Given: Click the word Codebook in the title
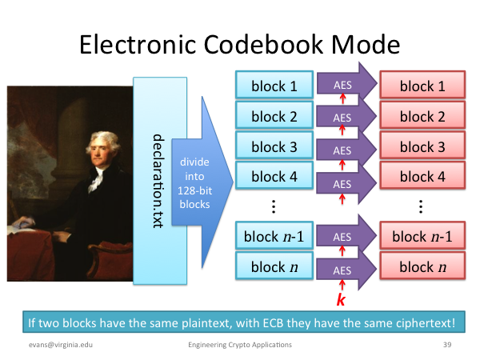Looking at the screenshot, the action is click(263, 44).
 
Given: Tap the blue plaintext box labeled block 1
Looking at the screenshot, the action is click(274, 85).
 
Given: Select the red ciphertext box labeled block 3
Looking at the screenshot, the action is click(422, 145).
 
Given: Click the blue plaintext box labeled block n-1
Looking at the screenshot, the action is click(274, 235).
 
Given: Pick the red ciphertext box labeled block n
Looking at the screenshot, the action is click(422, 266).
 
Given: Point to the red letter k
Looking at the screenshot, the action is click(341, 299).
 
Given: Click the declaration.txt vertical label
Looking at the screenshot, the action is click(158, 181).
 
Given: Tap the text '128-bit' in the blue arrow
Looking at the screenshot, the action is click(194, 190).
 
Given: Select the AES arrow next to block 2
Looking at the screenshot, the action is click(346, 116).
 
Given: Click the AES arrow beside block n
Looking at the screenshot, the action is click(346, 269).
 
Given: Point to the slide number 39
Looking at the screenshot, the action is click(447, 345).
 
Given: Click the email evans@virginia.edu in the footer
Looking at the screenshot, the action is click(61, 345).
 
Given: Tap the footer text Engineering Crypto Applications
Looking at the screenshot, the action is click(240, 345).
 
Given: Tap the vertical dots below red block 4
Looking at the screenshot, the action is click(421, 206).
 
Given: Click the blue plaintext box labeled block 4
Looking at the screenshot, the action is click(274, 175).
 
